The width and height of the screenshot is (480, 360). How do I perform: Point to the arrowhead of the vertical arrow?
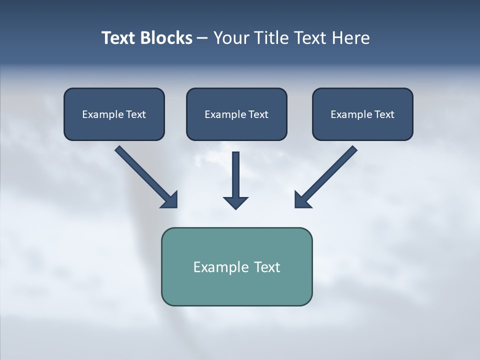click(x=236, y=202)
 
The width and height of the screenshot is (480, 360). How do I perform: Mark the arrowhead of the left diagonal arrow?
click(x=170, y=200)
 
